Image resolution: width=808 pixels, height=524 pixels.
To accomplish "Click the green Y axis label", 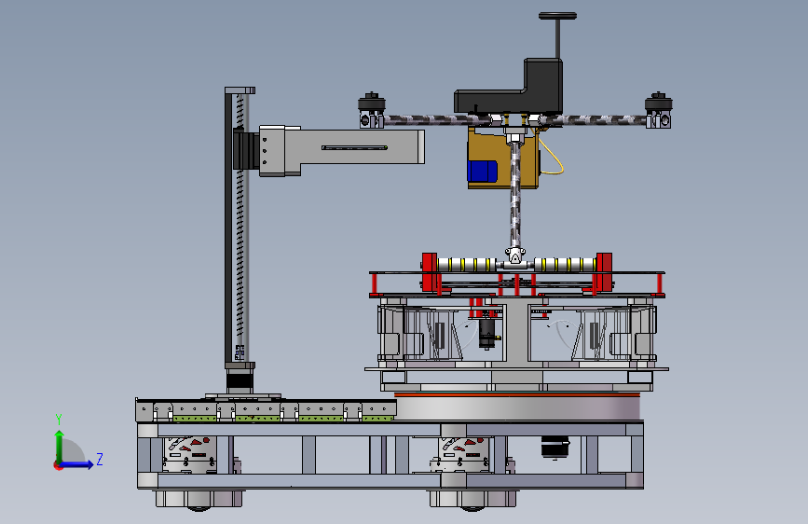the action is point(58,420).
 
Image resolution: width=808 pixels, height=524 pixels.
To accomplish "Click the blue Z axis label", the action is point(100,459).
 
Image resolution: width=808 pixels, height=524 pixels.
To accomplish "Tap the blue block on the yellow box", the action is point(483,172).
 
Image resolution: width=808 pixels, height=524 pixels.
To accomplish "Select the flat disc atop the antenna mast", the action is point(557,16).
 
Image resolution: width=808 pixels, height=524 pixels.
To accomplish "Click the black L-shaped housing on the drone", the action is point(509,87).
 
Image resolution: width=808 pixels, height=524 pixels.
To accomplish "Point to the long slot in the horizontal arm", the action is point(354,148).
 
